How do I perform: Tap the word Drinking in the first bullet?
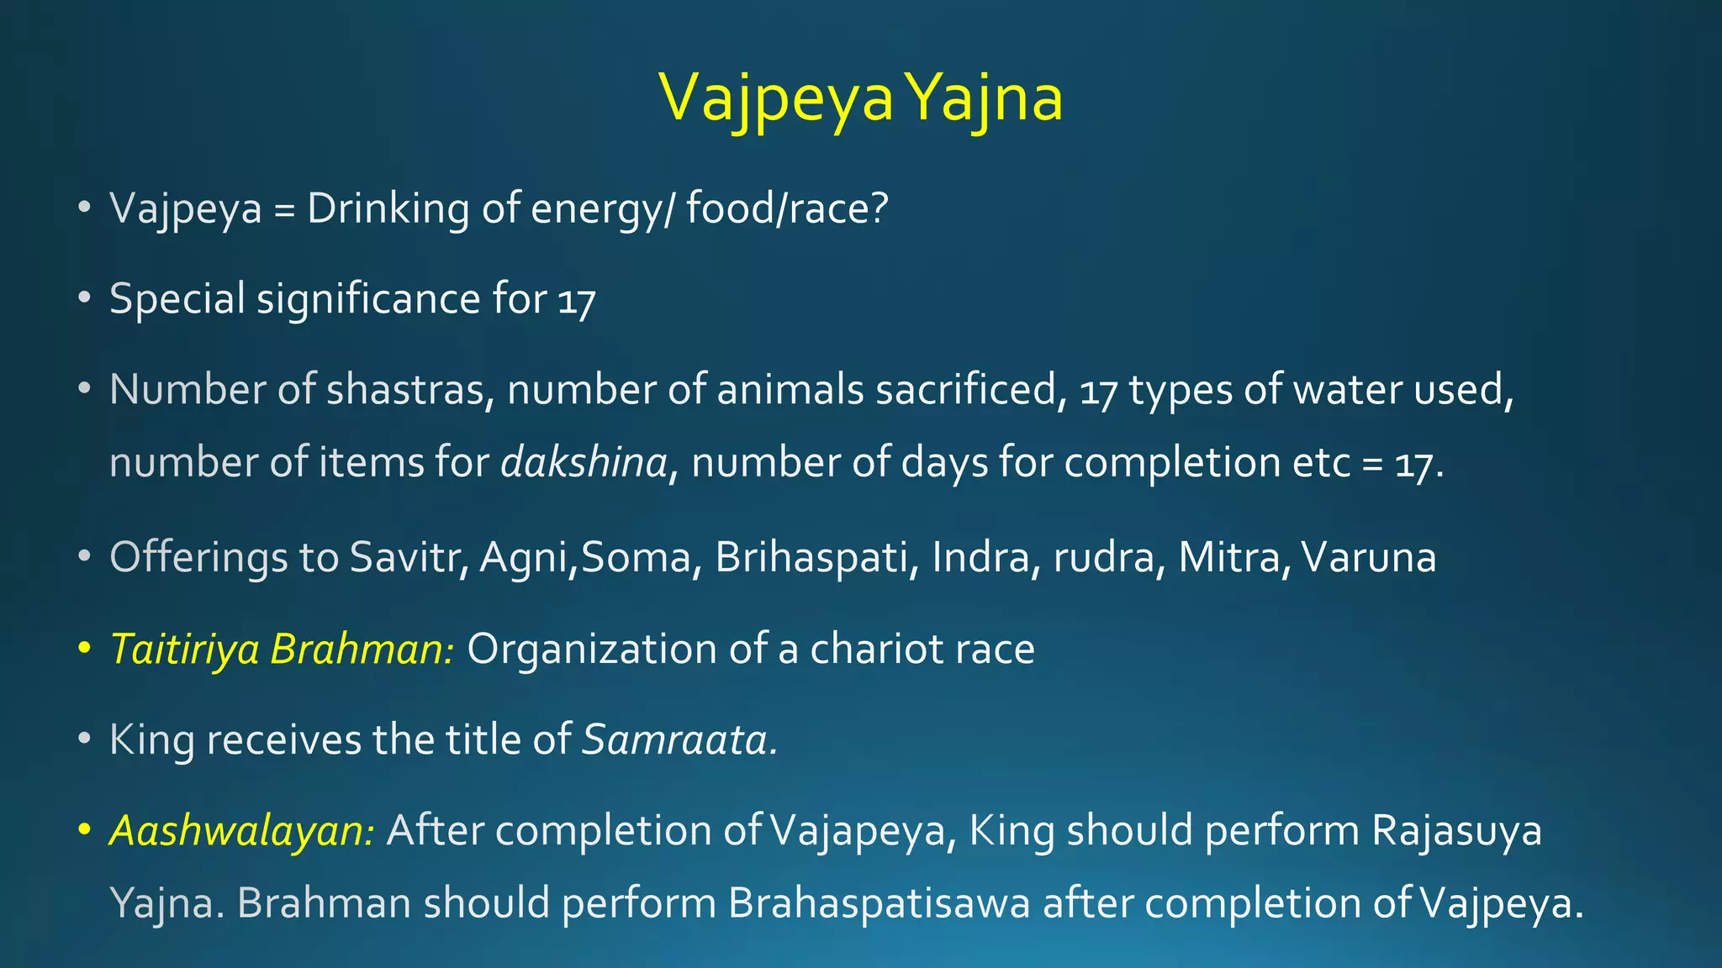pyautogui.click(x=388, y=208)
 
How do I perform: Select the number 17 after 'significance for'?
pyautogui.click(x=577, y=300)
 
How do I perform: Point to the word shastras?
pyautogui.click(x=410, y=389)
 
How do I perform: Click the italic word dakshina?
pyautogui.click(x=584, y=462)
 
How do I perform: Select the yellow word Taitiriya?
pyautogui.click(x=184, y=649)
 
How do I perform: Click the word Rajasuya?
pyautogui.click(x=1456, y=830)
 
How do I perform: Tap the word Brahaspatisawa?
pyautogui.click(x=879, y=903)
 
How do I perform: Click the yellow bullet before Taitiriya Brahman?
pyautogui.click(x=83, y=650)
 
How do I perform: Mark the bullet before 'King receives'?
pyautogui.click(x=83, y=740)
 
